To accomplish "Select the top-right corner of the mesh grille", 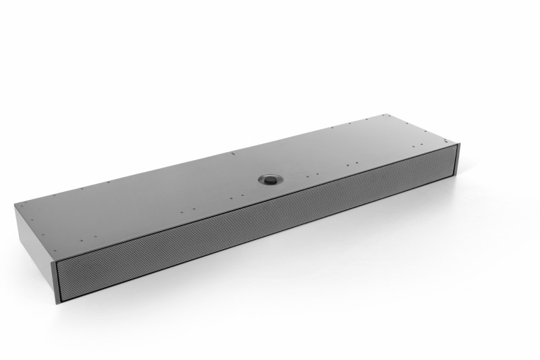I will [456, 147].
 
